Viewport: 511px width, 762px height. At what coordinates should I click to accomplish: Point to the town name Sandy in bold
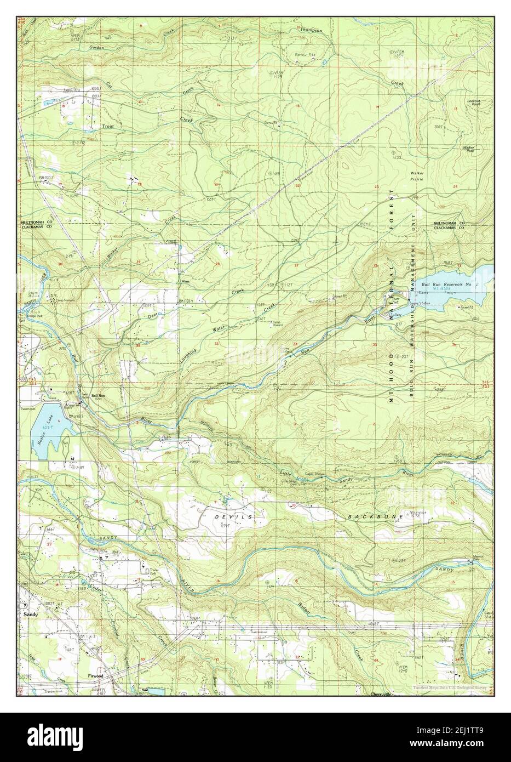pos(31,615)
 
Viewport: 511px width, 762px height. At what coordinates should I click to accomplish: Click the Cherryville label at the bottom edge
pos(381,694)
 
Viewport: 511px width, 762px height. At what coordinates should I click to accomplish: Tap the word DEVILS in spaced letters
pos(237,517)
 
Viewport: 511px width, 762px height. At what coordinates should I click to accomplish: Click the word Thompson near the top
pos(311,31)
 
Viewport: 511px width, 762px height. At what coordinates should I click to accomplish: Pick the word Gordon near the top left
pos(96,48)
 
